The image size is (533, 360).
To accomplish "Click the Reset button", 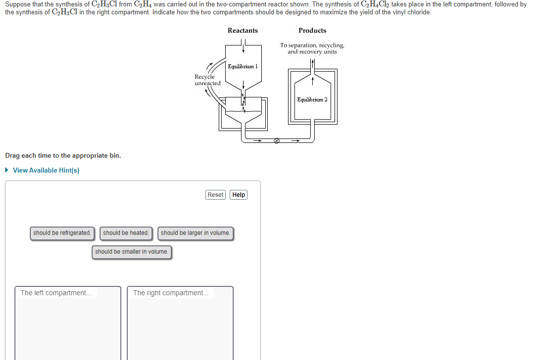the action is [215, 195].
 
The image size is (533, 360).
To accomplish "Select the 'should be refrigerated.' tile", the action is [62, 233].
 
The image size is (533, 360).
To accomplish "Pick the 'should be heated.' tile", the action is [126, 233].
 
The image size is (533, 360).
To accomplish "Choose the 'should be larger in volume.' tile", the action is [195, 233].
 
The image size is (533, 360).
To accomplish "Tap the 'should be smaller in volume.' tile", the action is [132, 252].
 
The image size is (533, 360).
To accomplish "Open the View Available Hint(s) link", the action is [46, 170].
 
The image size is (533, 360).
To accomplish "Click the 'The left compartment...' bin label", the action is [56, 293].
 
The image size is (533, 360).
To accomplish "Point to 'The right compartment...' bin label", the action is [171, 293].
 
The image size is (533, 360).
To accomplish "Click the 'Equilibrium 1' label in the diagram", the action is [242, 66].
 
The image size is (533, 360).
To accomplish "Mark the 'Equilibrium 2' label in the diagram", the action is [312, 99].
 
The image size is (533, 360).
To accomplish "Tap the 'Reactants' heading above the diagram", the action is [242, 31].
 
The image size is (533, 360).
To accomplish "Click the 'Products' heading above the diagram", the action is [312, 31].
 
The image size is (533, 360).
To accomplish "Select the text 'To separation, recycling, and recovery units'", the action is [312, 48].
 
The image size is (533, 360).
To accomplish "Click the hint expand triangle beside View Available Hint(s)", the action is [6, 170].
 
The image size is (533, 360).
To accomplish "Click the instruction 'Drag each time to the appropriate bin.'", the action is [63, 155].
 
